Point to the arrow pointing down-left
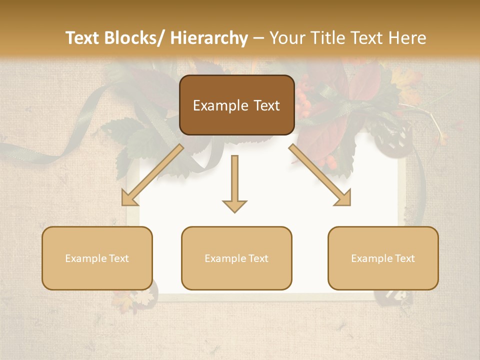pos(152,175)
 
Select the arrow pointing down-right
pos(320,175)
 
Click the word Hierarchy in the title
pos(209,38)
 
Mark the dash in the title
pos(259,38)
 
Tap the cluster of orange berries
pos(304,97)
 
